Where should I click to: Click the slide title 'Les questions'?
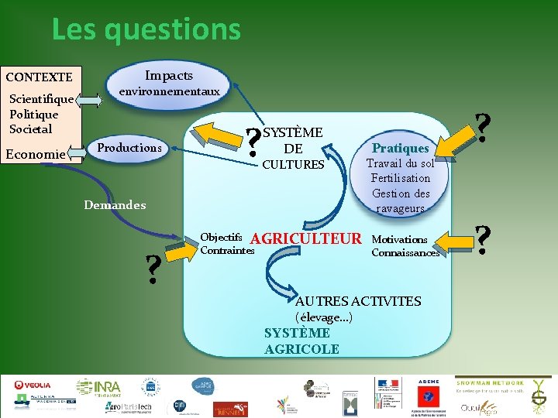pos(146,30)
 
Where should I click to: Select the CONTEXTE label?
pos(39,77)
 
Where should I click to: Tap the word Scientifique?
pos(41,99)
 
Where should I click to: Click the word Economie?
pos(35,154)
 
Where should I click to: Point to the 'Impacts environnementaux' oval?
pos(168,83)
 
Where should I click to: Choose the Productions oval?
pos(129,147)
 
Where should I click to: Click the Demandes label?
pos(114,205)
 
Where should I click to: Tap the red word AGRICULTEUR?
pos(306,238)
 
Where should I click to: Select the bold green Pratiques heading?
pos(400,147)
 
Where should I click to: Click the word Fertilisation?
pos(400,178)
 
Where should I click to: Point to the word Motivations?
pos(399,239)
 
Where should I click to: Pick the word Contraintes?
pos(226,251)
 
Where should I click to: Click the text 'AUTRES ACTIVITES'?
pos(358,301)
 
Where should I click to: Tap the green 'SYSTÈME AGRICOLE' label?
pos(301,341)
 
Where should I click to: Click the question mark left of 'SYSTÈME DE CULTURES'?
pos(252,143)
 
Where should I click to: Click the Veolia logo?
pos(33,385)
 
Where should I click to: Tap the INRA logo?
pos(98,387)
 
